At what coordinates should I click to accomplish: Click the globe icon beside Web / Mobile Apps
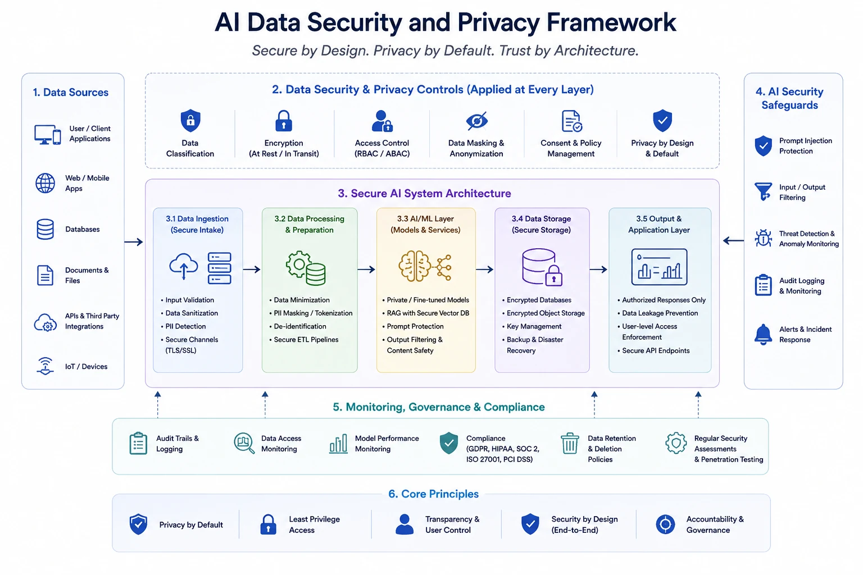tap(46, 183)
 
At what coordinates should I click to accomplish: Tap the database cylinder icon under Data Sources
tap(45, 229)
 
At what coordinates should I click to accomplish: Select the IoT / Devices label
tap(87, 366)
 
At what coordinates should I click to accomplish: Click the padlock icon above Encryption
tap(284, 121)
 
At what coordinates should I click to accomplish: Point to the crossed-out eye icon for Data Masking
tap(476, 121)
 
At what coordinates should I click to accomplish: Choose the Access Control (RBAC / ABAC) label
tap(382, 148)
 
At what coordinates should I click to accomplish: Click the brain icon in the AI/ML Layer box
tap(414, 266)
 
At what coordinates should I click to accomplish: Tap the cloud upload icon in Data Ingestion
tap(183, 266)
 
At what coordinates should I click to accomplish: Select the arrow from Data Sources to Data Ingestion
tap(134, 242)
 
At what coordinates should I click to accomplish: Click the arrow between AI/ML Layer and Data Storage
tap(485, 269)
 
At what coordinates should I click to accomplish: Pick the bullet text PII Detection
tap(185, 326)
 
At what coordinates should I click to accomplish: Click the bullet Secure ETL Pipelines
tap(306, 339)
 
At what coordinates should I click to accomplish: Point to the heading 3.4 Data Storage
tap(541, 218)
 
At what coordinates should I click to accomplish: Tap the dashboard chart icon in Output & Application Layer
tap(659, 267)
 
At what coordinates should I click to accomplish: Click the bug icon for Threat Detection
tap(763, 238)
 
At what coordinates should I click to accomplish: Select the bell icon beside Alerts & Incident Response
tap(763, 334)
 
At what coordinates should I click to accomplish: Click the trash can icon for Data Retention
tap(570, 443)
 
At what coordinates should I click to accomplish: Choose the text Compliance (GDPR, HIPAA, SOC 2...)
tap(502, 449)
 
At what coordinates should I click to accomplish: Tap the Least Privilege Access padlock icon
tap(268, 524)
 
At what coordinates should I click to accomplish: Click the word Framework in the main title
tap(611, 22)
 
